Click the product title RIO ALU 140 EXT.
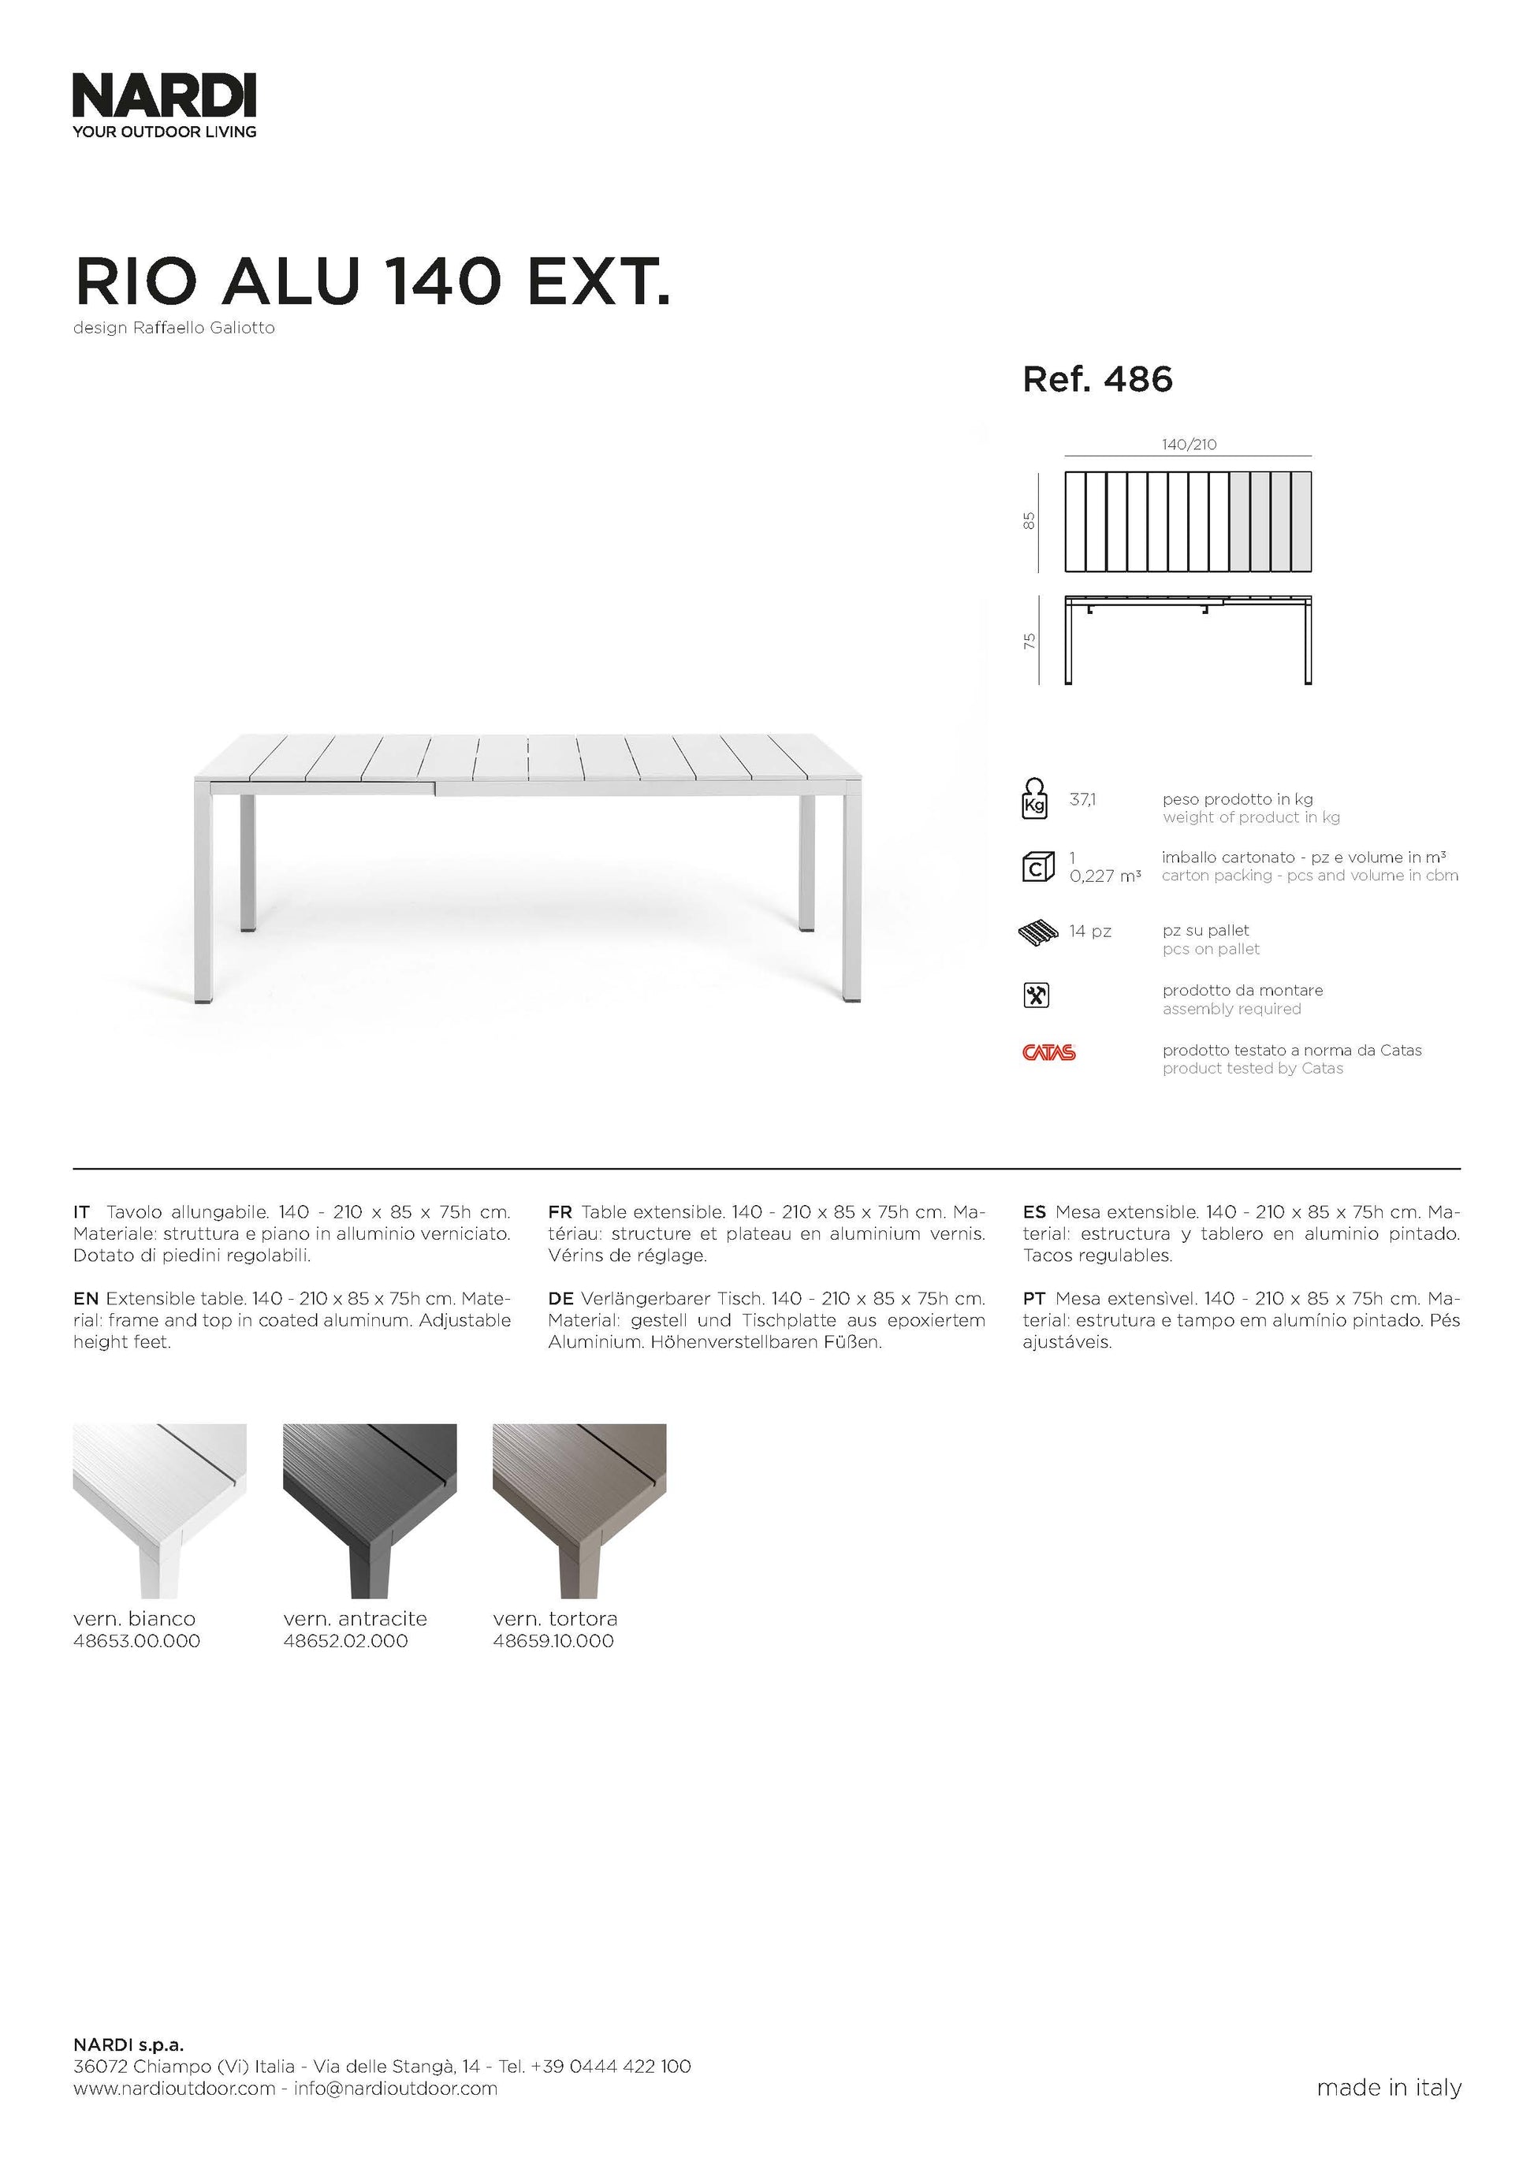point(372,281)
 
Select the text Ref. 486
point(1097,380)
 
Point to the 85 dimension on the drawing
point(1029,520)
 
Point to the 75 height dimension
point(1029,641)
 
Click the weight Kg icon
point(1035,798)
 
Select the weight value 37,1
point(1082,800)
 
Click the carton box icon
point(1037,866)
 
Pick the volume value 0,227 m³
point(1104,876)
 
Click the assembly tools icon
point(1037,995)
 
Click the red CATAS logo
point(1048,1052)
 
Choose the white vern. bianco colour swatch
point(160,1511)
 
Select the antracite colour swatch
point(370,1511)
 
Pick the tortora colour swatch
point(579,1511)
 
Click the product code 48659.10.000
point(553,1641)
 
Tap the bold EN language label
point(85,1299)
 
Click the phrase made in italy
point(1388,2087)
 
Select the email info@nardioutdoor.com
point(395,2088)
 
